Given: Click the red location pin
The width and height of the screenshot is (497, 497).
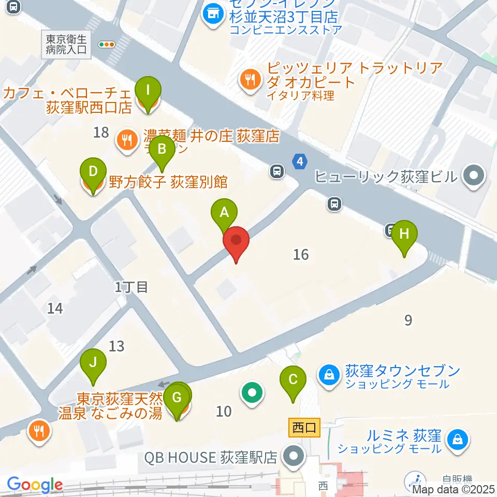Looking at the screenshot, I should point(236,241).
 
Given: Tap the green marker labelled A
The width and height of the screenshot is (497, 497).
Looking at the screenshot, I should point(224,213).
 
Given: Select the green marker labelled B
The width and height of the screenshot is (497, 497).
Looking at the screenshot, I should point(162,150).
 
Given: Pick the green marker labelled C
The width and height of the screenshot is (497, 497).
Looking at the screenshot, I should point(293,380).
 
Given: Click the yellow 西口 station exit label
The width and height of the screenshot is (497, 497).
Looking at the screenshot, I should point(303,429).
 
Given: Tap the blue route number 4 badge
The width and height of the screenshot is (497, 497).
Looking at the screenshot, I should point(299,162).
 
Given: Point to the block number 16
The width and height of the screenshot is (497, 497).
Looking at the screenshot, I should point(301,254).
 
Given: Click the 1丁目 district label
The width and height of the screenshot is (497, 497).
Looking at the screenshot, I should point(131,286).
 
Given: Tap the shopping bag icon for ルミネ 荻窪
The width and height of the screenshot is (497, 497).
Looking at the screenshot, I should point(458,440).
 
